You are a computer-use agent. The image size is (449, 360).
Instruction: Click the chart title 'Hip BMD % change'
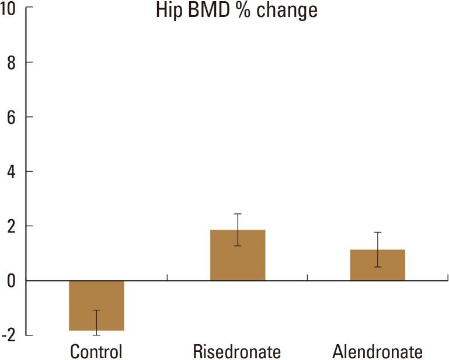pyautogui.click(x=236, y=10)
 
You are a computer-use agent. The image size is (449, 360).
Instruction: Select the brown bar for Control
pyautogui.click(x=96, y=305)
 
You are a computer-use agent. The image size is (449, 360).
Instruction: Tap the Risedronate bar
pyautogui.click(x=238, y=255)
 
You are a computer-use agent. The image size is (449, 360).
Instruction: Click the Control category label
pyautogui.click(x=96, y=351)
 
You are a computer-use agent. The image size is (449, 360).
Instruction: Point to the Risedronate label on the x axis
pyautogui.click(x=237, y=351)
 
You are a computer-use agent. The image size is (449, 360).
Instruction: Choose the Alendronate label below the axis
pyautogui.click(x=377, y=351)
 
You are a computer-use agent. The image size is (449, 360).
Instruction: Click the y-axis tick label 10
pyautogui.click(x=8, y=8)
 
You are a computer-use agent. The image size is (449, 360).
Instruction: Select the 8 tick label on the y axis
pyautogui.click(x=12, y=63)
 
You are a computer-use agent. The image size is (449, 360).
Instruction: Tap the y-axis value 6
pyautogui.click(x=12, y=117)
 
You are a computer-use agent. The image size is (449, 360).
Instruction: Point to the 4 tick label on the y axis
pyautogui.click(x=12, y=171)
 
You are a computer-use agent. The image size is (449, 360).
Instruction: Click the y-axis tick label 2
pyautogui.click(x=12, y=226)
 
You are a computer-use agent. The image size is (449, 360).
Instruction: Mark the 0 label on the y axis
pyautogui.click(x=12, y=281)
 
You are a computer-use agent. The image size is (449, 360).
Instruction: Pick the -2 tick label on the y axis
pyautogui.click(x=9, y=335)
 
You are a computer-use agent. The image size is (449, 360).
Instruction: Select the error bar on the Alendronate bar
pyautogui.click(x=377, y=250)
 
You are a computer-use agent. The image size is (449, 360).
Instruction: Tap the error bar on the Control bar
pyautogui.click(x=96, y=322)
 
